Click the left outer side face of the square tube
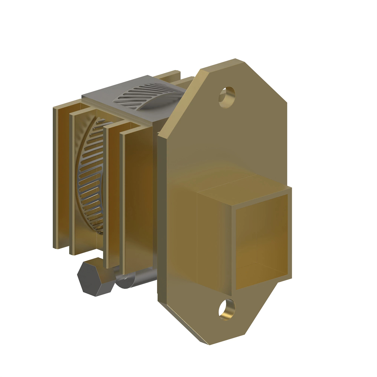pyautogui.click(x=214, y=239)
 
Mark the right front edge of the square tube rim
pyautogui.click(x=290, y=232)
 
